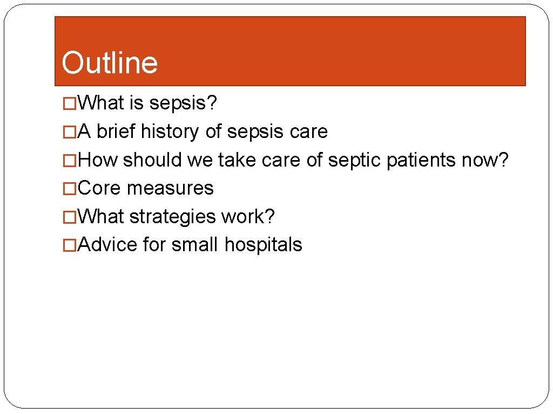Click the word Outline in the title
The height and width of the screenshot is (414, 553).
tap(110, 63)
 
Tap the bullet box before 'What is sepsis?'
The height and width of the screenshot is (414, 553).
tap(70, 103)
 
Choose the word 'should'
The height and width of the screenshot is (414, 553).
tap(153, 160)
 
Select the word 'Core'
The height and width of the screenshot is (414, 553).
tap(100, 188)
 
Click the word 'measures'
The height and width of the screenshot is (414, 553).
tap(171, 188)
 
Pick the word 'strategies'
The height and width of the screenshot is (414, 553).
tap(173, 217)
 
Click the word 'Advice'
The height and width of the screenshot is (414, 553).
tap(108, 245)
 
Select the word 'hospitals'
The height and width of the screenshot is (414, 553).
tap(264, 245)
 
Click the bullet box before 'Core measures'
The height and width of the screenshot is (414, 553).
tap(70, 189)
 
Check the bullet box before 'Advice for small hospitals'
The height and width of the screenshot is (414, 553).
tap(70, 245)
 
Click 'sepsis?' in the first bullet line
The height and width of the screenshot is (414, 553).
tap(183, 103)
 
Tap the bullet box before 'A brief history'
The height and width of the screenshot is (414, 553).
tap(70, 132)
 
